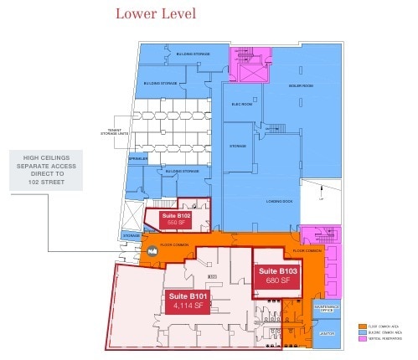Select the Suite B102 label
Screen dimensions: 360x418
tap(176, 216)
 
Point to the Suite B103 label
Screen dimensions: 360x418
tap(278, 271)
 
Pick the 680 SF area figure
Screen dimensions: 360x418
tap(278, 281)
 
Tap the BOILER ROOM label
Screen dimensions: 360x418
tap(302, 86)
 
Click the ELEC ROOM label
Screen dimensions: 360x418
tap(242, 105)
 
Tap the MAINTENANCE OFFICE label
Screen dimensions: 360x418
tap(328, 309)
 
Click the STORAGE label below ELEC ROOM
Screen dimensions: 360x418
tap(239, 146)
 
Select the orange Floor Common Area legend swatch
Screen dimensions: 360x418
tap(359, 326)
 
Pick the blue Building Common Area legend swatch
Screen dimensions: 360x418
tap(359, 332)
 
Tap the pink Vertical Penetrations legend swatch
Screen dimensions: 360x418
tap(359, 338)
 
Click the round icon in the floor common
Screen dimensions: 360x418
tap(152, 251)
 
